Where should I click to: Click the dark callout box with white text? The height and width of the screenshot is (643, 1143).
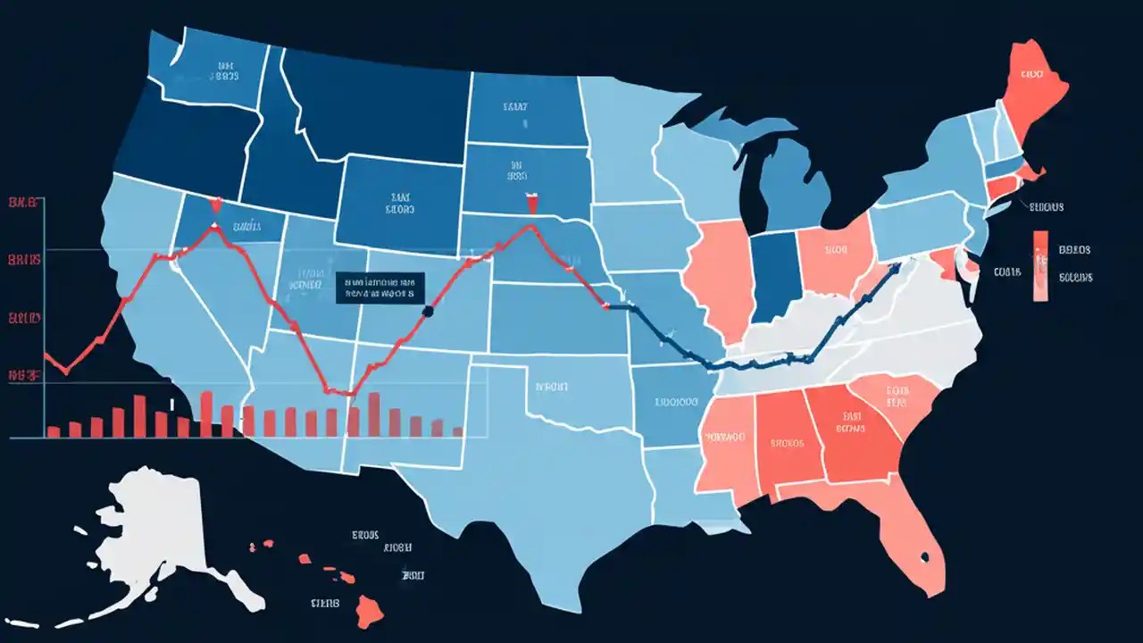(381, 288)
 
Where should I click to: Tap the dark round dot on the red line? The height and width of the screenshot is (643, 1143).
(427, 311)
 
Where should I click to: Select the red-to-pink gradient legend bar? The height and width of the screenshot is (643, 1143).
(1040, 266)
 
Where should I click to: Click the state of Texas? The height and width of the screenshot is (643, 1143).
(527, 473)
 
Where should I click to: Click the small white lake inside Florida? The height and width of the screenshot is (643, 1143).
(925, 558)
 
